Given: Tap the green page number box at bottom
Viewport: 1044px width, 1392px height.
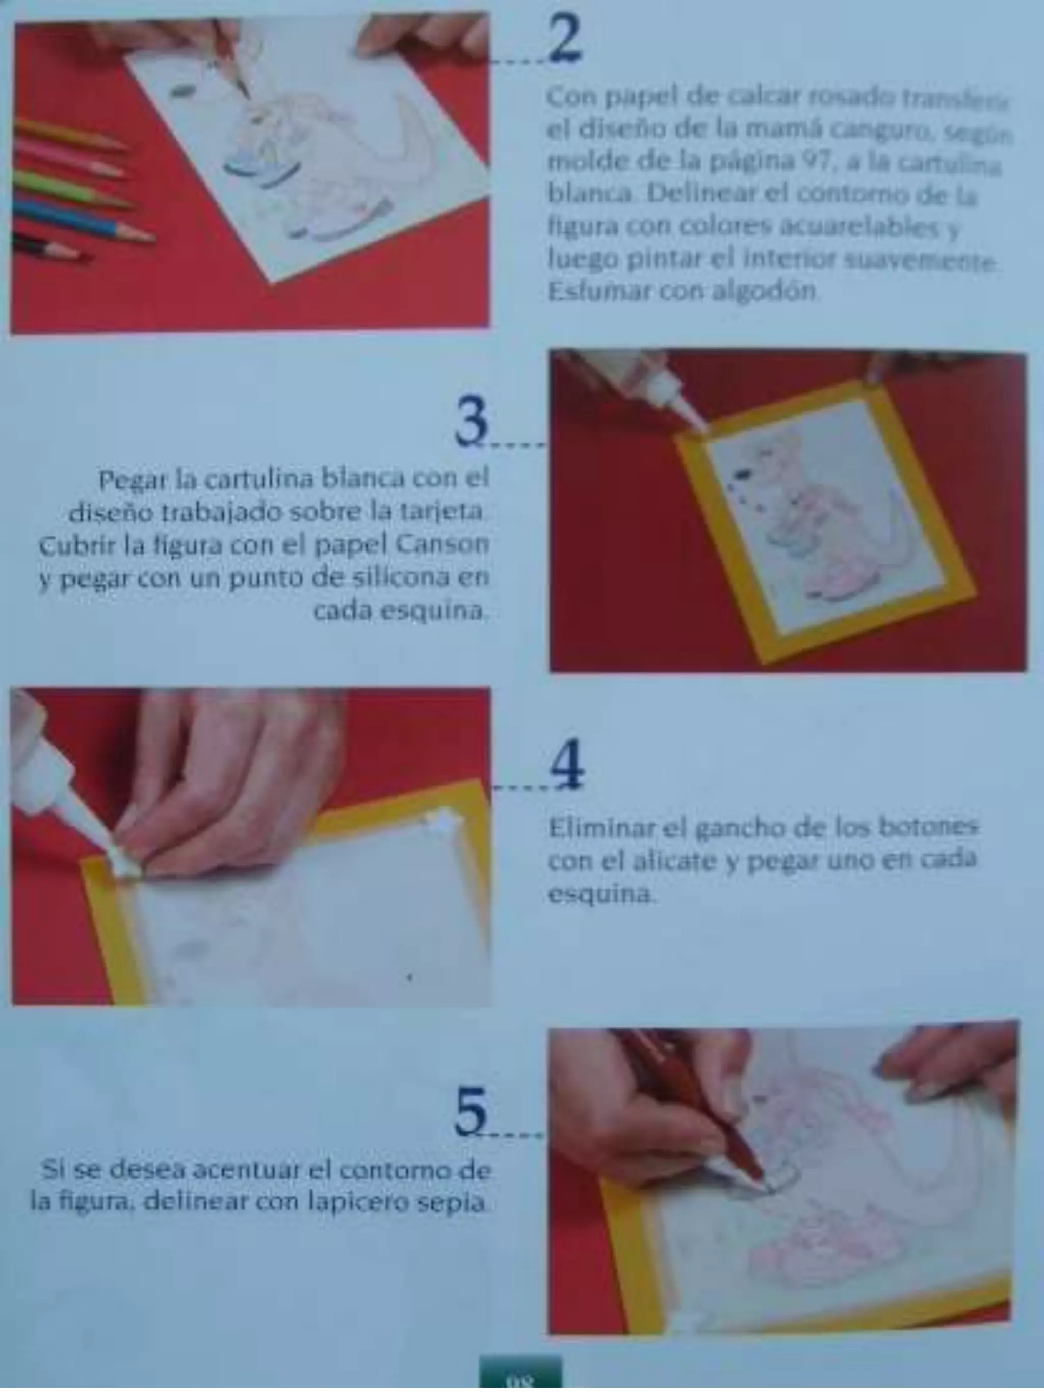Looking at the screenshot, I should coord(520,1378).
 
